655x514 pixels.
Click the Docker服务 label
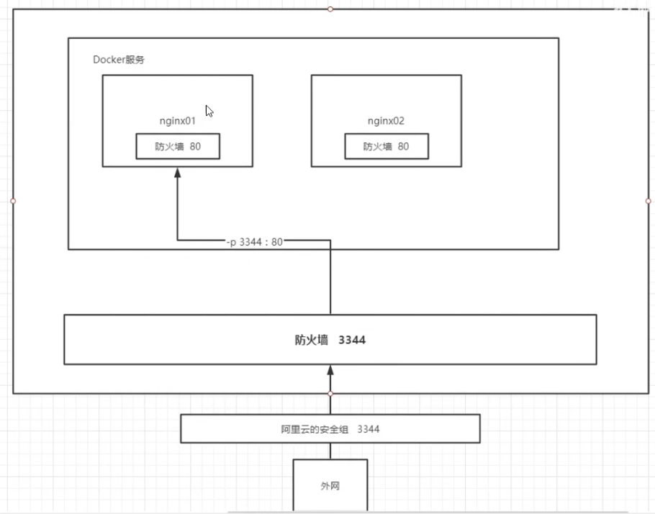[x=119, y=60]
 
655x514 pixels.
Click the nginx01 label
[x=177, y=122]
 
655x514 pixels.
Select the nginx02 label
[x=386, y=122]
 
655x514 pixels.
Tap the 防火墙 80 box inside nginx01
[x=178, y=146]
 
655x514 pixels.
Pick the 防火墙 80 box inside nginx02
[x=387, y=146]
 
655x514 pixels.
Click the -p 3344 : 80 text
[x=254, y=243]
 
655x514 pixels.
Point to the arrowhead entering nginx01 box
[x=177, y=173]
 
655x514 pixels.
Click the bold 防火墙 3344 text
[x=330, y=340]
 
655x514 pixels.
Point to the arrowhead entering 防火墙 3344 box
[x=330, y=370]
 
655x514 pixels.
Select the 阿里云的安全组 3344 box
[x=330, y=429]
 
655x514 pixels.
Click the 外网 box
[x=330, y=486]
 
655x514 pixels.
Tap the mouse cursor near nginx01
[x=209, y=111]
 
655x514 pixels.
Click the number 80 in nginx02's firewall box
[x=403, y=146]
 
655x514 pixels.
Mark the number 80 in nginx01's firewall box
[x=194, y=146]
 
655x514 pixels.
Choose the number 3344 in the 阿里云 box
[x=368, y=429]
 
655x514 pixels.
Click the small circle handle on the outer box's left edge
[x=13, y=201]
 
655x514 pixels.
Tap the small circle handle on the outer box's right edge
[x=648, y=201]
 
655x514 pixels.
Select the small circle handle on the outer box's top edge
[x=330, y=9]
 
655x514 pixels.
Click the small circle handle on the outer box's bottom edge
[x=330, y=394]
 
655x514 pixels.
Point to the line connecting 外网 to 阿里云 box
[x=330, y=451]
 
